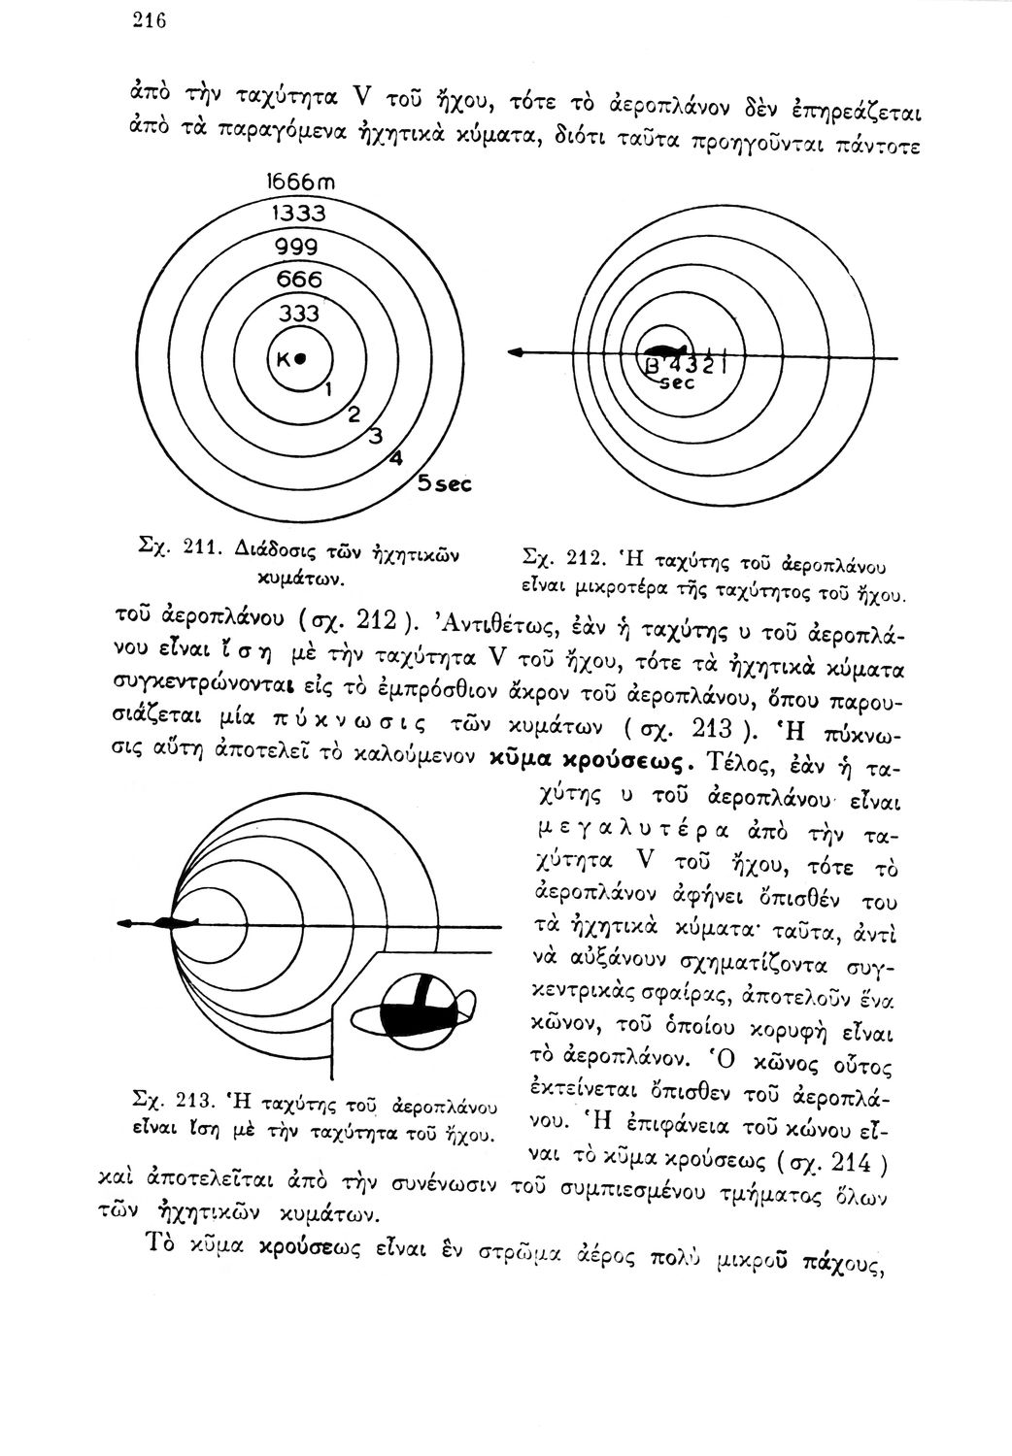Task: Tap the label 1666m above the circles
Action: (x=297, y=182)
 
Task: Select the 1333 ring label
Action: (x=297, y=213)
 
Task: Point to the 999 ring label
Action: (x=298, y=247)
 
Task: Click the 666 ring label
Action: (x=298, y=280)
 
